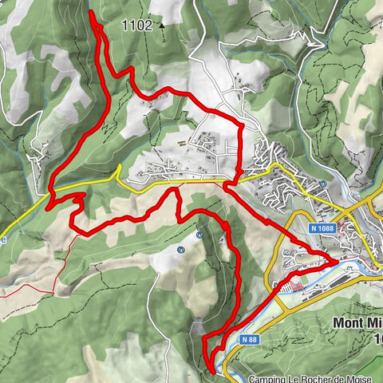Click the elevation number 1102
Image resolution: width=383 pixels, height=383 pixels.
click(x=136, y=25)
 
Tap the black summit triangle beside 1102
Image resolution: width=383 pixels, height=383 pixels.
click(x=161, y=25)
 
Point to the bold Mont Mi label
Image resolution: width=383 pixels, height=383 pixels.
click(x=356, y=324)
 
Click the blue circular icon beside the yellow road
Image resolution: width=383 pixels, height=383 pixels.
click(x=323, y=184)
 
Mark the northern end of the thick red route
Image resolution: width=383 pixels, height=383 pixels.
click(x=90, y=12)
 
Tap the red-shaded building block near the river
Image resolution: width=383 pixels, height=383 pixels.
click(x=294, y=282)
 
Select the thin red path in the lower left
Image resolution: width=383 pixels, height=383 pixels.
click(x=48, y=271)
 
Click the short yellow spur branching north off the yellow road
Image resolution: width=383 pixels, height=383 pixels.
click(x=118, y=170)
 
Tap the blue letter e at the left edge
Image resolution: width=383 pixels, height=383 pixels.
click(x=3, y=237)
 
